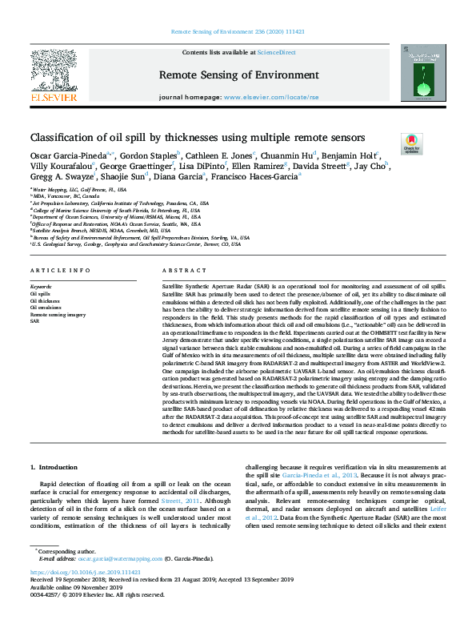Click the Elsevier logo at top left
(x=54, y=76)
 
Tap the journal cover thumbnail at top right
(x=423, y=73)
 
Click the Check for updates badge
(x=412, y=144)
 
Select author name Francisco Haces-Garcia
(x=222, y=177)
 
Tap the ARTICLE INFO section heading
(x=60, y=271)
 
